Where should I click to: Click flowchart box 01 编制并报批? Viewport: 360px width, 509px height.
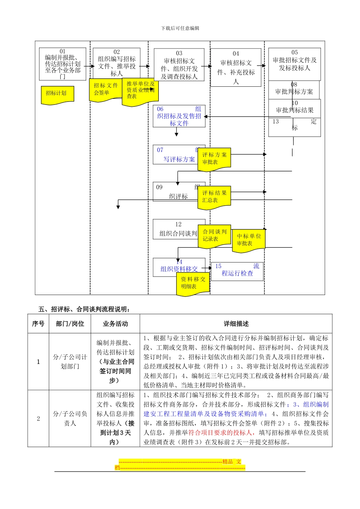point(63,64)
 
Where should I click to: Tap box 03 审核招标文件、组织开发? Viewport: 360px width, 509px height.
point(179,65)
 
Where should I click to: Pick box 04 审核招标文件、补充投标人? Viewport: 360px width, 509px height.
point(236,67)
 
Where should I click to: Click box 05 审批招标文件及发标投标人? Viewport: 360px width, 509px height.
point(294,60)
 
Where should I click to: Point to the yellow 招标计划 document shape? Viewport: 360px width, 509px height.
point(57,94)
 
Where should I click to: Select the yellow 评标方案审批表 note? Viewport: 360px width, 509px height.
point(214,159)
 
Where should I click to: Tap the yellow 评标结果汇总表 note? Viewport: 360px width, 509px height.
point(214,197)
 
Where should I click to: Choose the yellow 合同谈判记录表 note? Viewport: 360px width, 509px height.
point(214,236)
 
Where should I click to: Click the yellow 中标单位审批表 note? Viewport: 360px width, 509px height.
point(249,240)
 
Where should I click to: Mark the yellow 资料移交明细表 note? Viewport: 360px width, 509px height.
point(193,283)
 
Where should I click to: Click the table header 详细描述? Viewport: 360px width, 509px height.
point(236,324)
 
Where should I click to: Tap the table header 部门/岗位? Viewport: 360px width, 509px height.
point(70,324)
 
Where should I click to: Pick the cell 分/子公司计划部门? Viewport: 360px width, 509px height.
point(70,362)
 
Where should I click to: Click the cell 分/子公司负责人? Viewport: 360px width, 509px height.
point(70,418)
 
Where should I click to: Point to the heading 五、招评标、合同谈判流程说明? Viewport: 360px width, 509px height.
point(85,309)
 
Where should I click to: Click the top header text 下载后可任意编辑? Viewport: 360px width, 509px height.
point(180,28)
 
